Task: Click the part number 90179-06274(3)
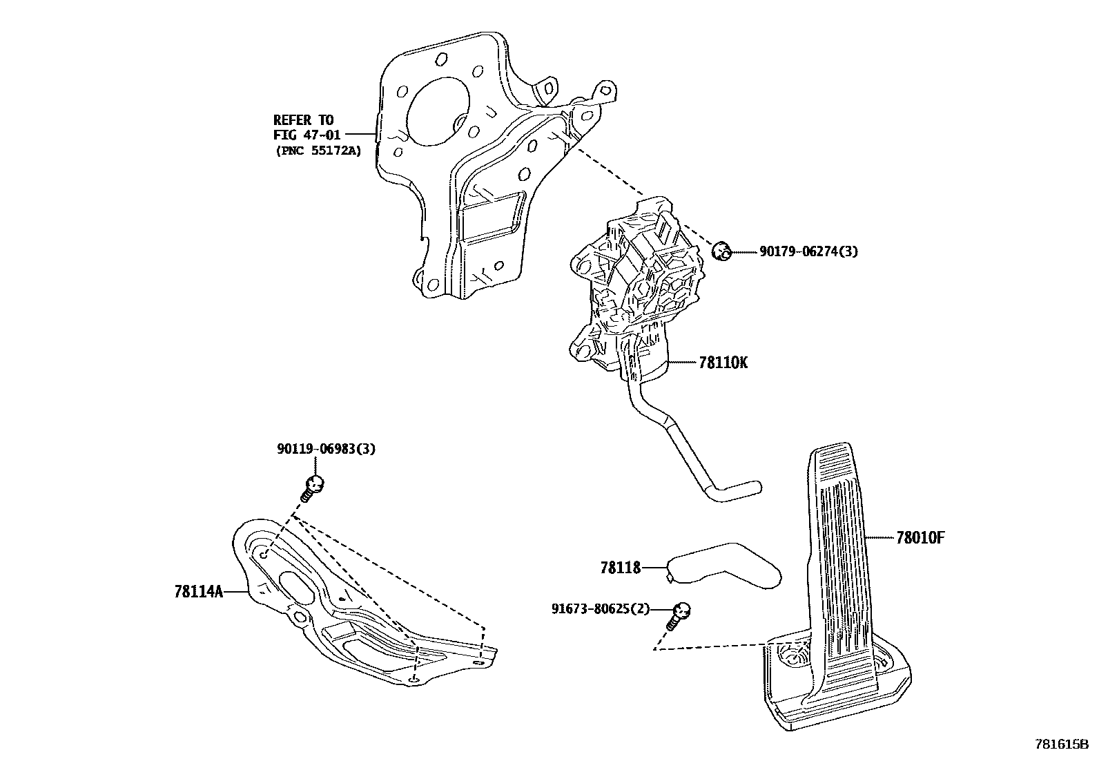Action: click(808, 252)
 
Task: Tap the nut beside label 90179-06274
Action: click(721, 251)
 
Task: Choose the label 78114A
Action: click(199, 592)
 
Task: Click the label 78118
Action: click(621, 568)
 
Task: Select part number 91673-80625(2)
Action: click(601, 609)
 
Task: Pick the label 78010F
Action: click(920, 537)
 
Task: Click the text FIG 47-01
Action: click(307, 135)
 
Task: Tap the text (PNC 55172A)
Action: click(318, 150)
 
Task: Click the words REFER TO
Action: click(303, 120)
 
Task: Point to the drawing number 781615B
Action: click(1060, 744)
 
